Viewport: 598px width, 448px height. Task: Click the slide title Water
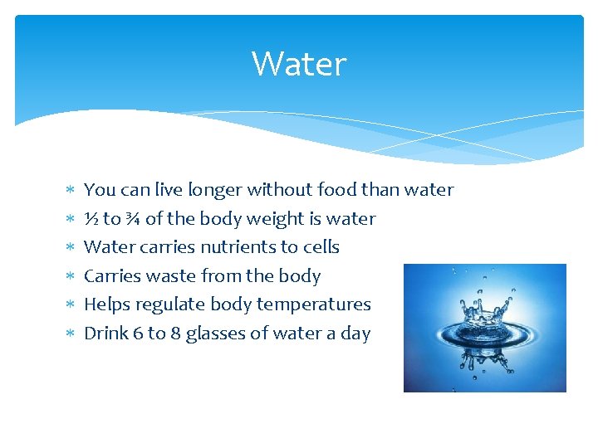pyautogui.click(x=298, y=64)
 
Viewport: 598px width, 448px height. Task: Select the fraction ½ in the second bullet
pyautogui.click(x=91, y=219)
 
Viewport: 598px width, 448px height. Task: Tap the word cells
pyautogui.click(x=321, y=247)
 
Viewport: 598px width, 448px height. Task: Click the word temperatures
pyautogui.click(x=313, y=305)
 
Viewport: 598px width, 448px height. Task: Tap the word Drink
pyautogui.click(x=106, y=334)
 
